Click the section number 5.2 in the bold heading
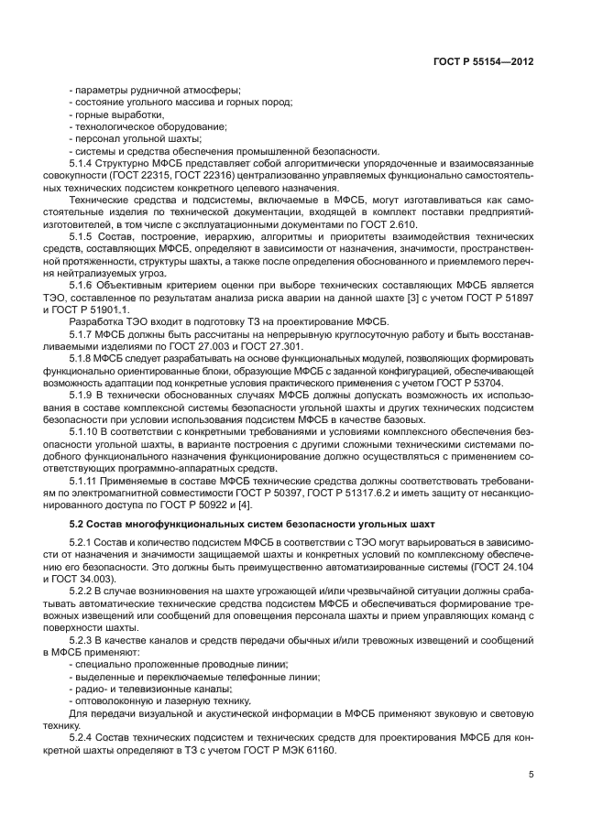click(x=78, y=524)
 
